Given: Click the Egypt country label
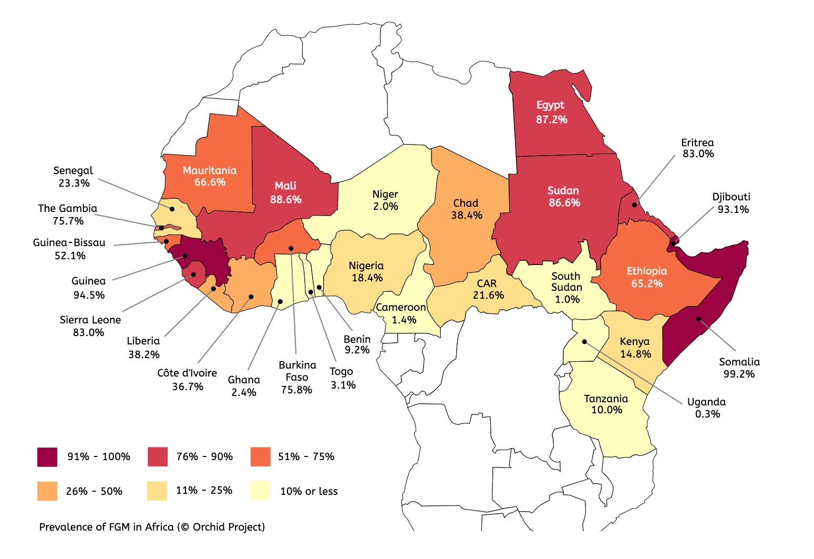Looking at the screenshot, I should tap(550, 105).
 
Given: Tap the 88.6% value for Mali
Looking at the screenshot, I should tap(286, 199).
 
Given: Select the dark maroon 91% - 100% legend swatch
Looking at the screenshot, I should tap(47, 456).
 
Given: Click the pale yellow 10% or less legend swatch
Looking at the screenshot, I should tap(260, 490).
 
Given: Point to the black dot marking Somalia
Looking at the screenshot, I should tap(699, 319).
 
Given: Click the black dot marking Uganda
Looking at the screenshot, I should tap(584, 342).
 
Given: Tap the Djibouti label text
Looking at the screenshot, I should tap(731, 197).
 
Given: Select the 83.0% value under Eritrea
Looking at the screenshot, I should tap(698, 154).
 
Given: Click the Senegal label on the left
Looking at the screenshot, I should tap(73, 170).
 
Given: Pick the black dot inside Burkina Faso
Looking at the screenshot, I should tap(291, 248).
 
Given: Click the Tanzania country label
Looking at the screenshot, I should tap(606, 399).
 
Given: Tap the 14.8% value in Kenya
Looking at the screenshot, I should tap(635, 354).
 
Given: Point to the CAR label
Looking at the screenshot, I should tap(487, 283).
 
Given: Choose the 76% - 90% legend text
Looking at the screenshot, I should tap(204, 456).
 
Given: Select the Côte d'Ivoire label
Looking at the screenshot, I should tap(187, 373).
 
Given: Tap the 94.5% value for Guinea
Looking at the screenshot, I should tap(89, 295).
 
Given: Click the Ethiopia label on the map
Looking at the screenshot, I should tap(646, 271).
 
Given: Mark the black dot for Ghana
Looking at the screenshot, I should tap(280, 302).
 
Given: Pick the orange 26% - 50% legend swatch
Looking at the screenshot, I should tap(47, 491).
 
